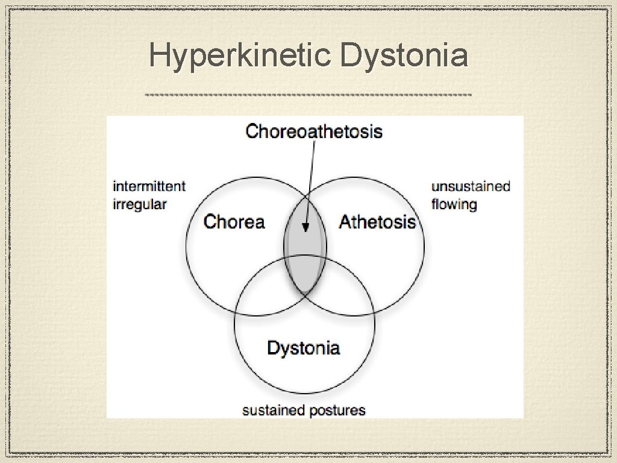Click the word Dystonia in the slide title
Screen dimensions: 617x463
point(403,56)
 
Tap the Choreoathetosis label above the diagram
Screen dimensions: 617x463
point(314,131)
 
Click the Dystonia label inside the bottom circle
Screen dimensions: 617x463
point(303,348)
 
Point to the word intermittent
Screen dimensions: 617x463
point(149,186)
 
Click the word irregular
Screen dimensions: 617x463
point(140,204)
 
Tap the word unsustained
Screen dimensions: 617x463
point(471,186)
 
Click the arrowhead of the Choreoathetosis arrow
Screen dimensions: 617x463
point(305,228)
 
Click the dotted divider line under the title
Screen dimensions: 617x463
point(308,95)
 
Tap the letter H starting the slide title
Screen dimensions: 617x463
point(158,56)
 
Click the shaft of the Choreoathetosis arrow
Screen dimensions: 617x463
point(310,181)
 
